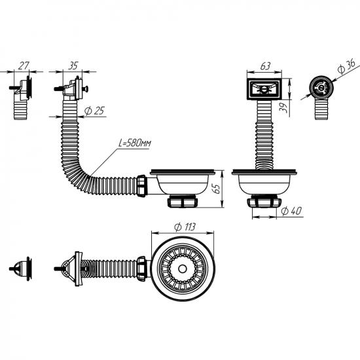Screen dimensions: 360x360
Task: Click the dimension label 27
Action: click(24, 65)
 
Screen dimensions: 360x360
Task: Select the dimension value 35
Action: click(73, 65)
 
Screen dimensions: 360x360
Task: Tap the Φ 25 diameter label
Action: click(94, 111)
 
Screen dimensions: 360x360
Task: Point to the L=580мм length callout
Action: click(135, 143)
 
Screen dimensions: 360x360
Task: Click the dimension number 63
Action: click(265, 66)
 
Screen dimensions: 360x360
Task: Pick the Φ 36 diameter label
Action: click(346, 66)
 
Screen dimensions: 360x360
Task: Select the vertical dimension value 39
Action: click(283, 107)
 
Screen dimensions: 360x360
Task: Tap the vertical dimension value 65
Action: click(216, 189)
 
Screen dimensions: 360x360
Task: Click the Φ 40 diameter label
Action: click(291, 211)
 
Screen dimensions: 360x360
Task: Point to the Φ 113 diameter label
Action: click(185, 227)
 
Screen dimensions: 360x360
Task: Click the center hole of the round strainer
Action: click(183, 268)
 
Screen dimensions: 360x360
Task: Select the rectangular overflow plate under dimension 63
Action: click(264, 89)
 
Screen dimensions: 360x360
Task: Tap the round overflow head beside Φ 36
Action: click(321, 88)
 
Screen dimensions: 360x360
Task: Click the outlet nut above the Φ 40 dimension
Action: click(264, 202)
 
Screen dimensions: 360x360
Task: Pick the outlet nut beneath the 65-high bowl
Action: click(183, 201)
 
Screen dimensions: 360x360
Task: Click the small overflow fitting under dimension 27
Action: click(22, 97)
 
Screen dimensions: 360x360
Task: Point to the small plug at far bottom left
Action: click(21, 268)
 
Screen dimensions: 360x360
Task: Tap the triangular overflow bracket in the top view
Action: click(69, 268)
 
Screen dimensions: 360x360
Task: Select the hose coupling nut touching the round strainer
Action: click(141, 268)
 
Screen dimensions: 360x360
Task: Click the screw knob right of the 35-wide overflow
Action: click(86, 88)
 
